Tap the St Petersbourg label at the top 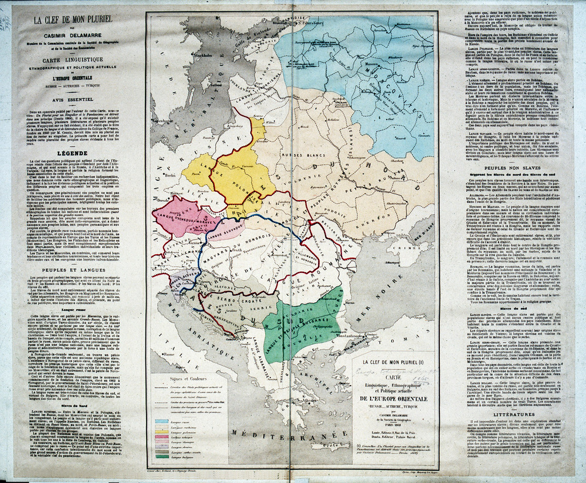315,25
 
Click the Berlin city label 172,175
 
